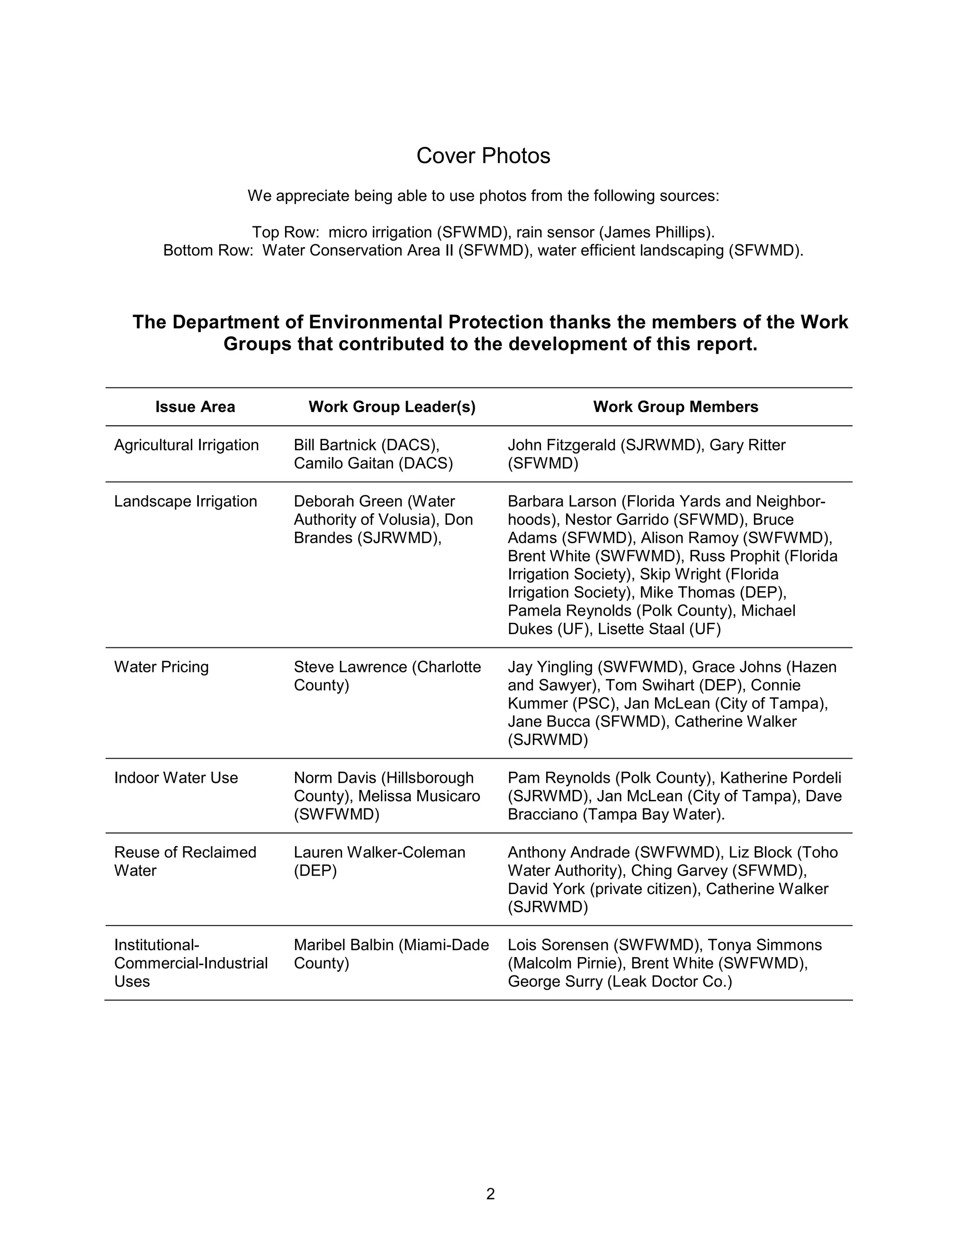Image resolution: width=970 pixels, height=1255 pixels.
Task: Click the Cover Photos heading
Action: [483, 156]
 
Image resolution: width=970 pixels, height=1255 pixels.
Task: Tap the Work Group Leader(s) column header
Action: [392, 407]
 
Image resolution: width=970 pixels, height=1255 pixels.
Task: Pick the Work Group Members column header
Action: [675, 407]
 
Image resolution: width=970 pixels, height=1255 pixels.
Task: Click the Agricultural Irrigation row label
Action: [186, 445]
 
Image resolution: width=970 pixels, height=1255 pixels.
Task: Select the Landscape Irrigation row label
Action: [185, 501]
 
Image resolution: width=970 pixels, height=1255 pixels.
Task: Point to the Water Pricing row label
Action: [161, 667]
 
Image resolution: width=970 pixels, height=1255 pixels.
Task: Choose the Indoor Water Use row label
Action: [176, 778]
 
